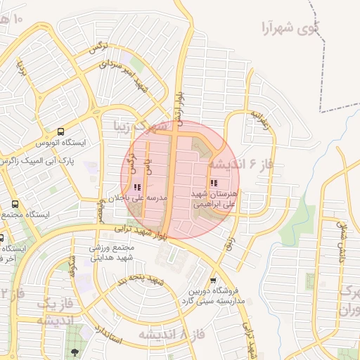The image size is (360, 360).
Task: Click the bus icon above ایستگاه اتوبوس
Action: [61, 131]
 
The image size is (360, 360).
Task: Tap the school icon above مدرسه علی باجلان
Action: [136, 188]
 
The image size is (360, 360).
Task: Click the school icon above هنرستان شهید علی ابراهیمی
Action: [213, 183]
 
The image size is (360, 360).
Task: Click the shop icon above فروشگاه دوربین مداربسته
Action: [213, 281]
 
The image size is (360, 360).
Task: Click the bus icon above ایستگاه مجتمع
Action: [15, 204]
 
